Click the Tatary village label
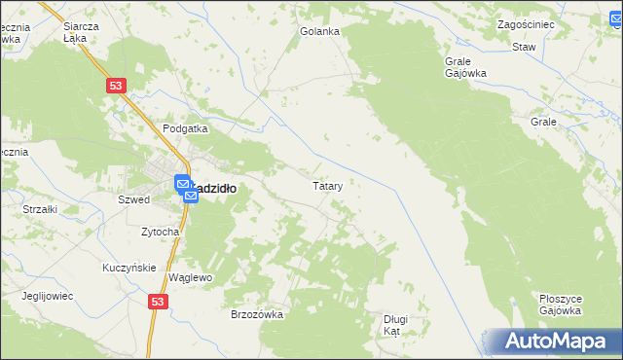click(x=326, y=185)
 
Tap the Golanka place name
click(x=319, y=31)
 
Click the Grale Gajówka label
click(x=465, y=66)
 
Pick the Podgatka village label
click(x=185, y=128)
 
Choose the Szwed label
click(x=132, y=199)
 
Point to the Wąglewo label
click(x=190, y=277)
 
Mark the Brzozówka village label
click(x=256, y=314)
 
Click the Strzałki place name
click(x=41, y=208)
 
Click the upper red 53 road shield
click(x=116, y=87)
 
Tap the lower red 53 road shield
click(x=159, y=303)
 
